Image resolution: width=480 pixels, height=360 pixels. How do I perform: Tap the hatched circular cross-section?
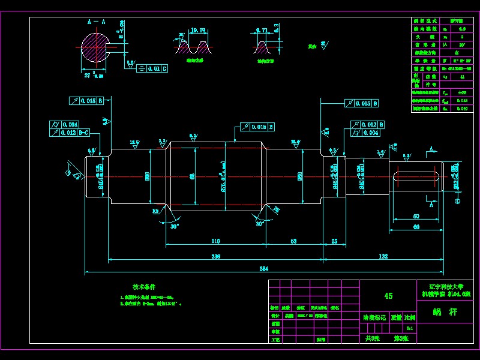tap(94, 48)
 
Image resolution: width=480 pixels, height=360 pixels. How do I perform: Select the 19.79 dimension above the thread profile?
tap(199, 29)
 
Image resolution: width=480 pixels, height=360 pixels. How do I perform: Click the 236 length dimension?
tap(215, 256)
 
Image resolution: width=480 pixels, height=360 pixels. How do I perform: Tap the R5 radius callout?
tap(155, 211)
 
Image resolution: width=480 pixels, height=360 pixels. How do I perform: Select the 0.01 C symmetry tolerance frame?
tap(150, 69)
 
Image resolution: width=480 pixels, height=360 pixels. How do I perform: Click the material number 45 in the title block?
tap(388, 296)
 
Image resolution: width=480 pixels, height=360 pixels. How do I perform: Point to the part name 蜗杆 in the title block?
tap(445, 313)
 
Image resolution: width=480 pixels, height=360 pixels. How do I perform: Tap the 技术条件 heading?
tap(144, 287)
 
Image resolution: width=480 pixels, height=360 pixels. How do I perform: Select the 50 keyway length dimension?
tap(415, 216)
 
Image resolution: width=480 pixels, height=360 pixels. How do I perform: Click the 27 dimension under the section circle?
tap(88, 76)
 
